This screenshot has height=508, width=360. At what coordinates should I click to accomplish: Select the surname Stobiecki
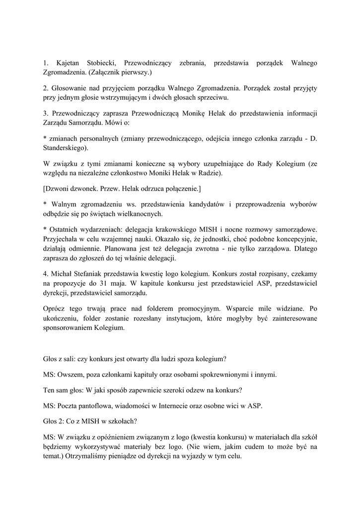coord(102,63)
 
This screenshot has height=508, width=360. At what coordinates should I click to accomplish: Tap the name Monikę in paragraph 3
coord(200,113)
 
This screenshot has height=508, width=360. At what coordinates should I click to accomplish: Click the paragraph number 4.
coord(45,273)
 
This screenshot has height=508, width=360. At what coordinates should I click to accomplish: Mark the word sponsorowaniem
coord(69,328)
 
